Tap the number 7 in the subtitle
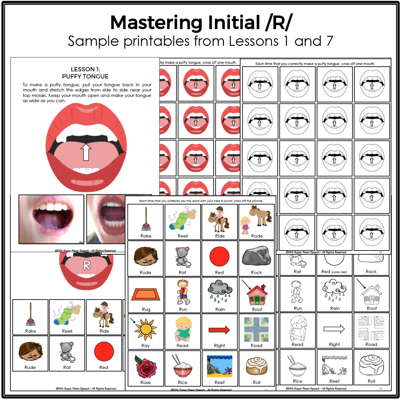coord(329,41)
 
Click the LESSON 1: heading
coord(85,69)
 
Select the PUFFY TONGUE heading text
coord(85,77)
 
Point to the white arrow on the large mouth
coord(86,152)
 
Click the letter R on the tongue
coord(87,265)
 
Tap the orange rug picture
coord(146,294)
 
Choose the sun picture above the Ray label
coord(146,329)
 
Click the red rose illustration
coord(146,366)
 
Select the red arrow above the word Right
coord(219,330)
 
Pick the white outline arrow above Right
coord(334,329)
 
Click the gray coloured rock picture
coord(257,256)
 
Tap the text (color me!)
coord(339,272)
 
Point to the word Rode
coord(257,236)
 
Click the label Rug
coord(146,310)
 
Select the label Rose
coord(146,383)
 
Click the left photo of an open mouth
coord(51,219)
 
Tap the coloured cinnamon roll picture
coord(257,366)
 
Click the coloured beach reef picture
coord(219,366)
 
